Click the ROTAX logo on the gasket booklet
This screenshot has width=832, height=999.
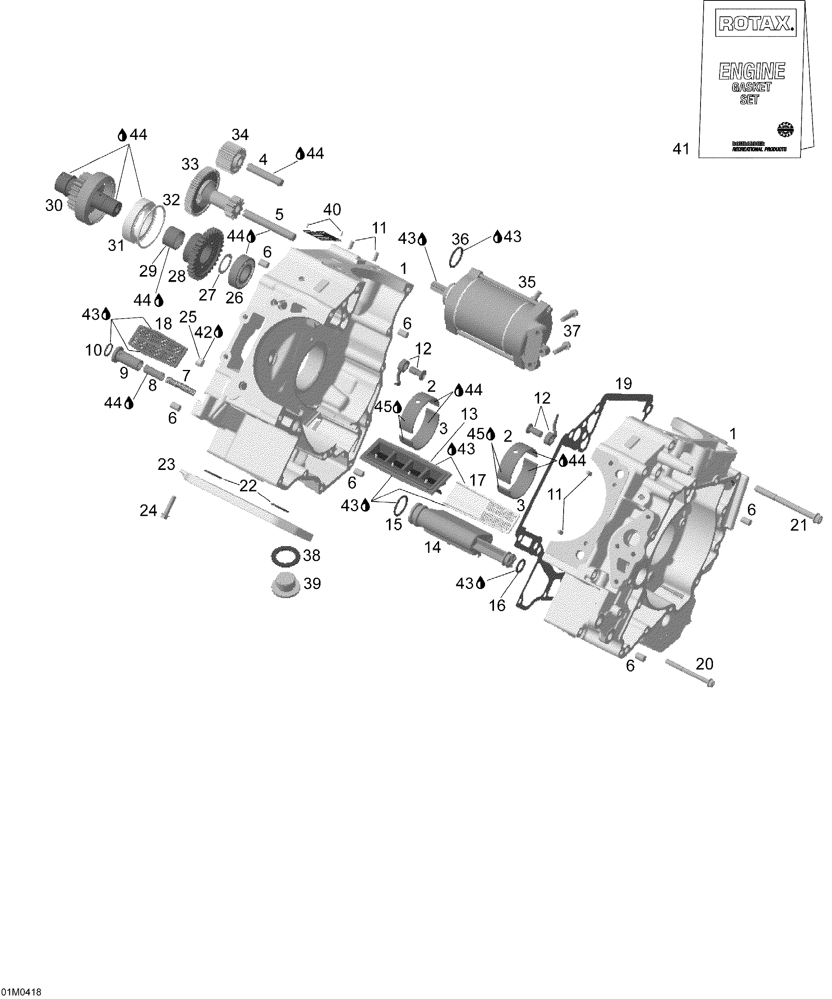tap(755, 23)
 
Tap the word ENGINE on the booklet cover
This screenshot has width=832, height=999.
tap(751, 71)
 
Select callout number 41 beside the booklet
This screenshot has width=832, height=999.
tap(681, 149)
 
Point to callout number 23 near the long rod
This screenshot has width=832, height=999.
tap(166, 464)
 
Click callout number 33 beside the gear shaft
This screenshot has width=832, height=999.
tap(190, 164)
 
